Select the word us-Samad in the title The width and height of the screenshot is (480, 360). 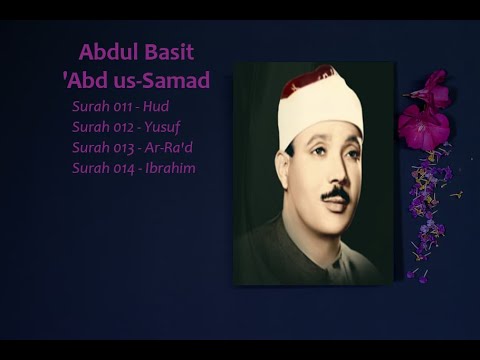[162, 80]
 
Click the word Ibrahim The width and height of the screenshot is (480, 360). [173, 168]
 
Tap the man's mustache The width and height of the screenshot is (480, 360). [335, 193]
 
